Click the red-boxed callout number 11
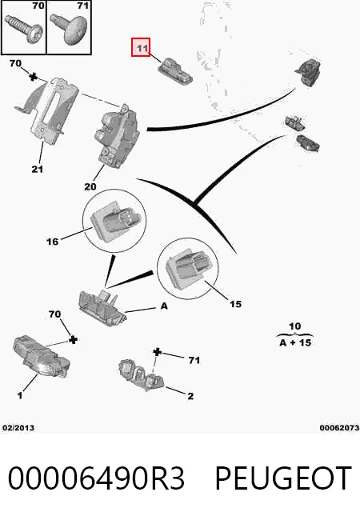pyautogui.click(x=142, y=47)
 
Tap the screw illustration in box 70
pyautogui.click(x=28, y=29)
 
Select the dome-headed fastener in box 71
pyautogui.click(x=70, y=29)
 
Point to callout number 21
pyautogui.click(x=38, y=169)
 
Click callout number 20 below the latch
pyautogui.click(x=90, y=186)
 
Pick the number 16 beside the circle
pyautogui.click(x=52, y=242)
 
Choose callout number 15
pyautogui.click(x=235, y=304)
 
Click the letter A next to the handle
pyautogui.click(x=164, y=306)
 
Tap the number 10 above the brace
pyautogui.click(x=294, y=326)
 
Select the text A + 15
pyautogui.click(x=295, y=342)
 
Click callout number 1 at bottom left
pyautogui.click(x=20, y=395)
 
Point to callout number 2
pyautogui.click(x=190, y=396)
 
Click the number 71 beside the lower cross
pyautogui.click(x=194, y=360)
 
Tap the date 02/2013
pyautogui.click(x=18, y=427)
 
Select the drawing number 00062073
pyautogui.click(x=339, y=427)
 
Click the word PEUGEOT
pyautogui.click(x=283, y=478)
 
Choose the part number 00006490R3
pyautogui.click(x=96, y=478)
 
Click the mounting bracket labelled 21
pyautogui.click(x=47, y=110)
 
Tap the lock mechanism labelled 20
pyautogui.click(x=117, y=136)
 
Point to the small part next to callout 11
pyautogui.click(x=174, y=71)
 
